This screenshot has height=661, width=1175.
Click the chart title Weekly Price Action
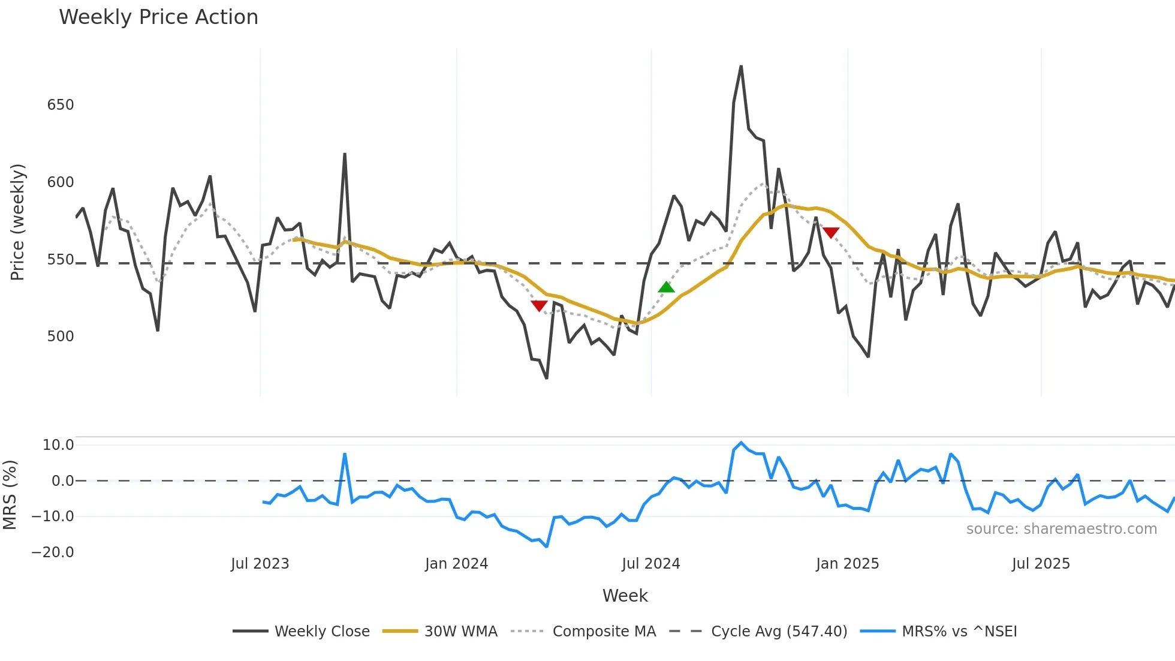(158, 17)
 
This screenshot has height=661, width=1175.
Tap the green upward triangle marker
(666, 287)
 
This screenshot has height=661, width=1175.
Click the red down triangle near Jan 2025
(831, 233)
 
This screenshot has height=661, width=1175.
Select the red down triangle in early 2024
(539, 306)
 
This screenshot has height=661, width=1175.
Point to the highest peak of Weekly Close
(741, 67)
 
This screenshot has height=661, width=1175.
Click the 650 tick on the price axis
(61, 105)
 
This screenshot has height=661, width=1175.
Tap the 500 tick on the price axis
(61, 336)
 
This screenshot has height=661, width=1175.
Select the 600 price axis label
(61, 182)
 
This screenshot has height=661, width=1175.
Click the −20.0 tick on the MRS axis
(53, 552)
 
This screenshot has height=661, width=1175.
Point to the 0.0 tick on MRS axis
(62, 481)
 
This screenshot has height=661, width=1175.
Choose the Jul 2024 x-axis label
(650, 564)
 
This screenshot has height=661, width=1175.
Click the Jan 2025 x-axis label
(847, 564)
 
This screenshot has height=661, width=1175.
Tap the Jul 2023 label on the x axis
(260, 564)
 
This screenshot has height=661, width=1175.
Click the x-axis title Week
(625, 596)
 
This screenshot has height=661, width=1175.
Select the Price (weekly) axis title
(17, 222)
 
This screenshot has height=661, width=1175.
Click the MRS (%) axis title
(10, 495)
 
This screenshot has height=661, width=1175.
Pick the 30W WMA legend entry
(460, 632)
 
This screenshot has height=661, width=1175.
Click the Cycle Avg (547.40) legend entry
(779, 632)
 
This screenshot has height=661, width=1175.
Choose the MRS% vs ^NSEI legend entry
(959, 632)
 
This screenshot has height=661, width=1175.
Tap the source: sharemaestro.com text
(1061, 529)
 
